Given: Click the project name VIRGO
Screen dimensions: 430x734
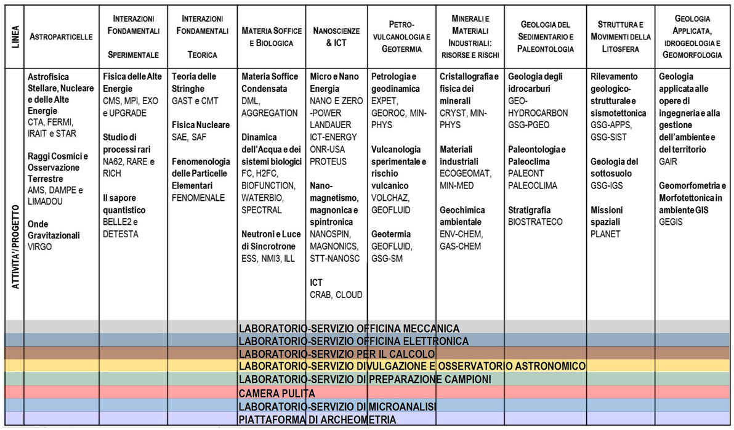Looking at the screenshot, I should click(40, 247).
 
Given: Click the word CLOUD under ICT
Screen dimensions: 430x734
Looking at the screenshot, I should click(349, 294).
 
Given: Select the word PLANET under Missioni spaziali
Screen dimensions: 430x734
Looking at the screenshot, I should click(605, 233).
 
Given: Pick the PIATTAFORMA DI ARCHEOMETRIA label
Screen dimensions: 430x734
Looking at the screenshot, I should click(317, 420).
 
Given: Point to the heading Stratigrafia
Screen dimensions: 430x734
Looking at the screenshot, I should click(529, 210).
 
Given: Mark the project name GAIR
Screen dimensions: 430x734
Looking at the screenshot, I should click(668, 161).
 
